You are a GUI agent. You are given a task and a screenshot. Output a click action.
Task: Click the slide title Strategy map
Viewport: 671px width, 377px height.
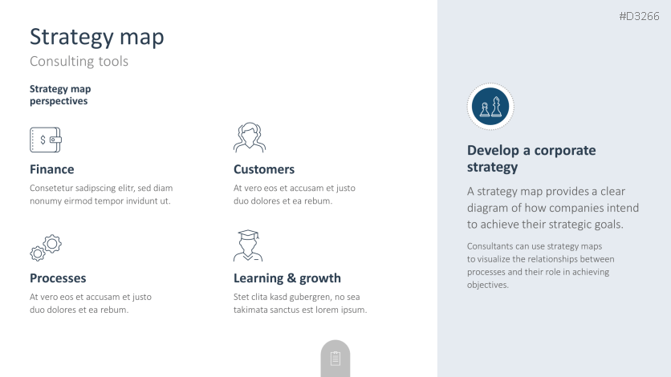click(x=96, y=38)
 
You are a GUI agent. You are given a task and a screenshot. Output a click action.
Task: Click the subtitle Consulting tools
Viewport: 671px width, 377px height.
click(x=79, y=61)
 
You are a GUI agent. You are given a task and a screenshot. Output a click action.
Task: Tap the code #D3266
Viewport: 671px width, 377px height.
click(x=639, y=16)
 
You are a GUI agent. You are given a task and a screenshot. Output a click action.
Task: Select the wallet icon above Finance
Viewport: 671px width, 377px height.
click(x=46, y=140)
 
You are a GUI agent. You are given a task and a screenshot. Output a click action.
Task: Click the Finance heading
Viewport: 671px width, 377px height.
click(x=52, y=169)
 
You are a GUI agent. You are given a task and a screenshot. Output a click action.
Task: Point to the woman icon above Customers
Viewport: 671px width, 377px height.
click(x=250, y=138)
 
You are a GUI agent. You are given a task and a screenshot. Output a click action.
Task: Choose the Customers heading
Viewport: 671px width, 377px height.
click(x=264, y=169)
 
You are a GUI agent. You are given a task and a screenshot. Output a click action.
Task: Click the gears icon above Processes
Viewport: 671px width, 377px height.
click(x=46, y=248)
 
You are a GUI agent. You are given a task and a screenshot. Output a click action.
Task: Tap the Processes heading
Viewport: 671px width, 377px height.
click(x=58, y=278)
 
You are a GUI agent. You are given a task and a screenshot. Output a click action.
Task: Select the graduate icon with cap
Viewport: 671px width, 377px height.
click(x=248, y=245)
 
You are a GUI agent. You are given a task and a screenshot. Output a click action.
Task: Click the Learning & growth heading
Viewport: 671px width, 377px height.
click(x=287, y=278)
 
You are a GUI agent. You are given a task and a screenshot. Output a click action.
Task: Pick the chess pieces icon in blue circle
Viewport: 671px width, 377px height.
click(x=490, y=107)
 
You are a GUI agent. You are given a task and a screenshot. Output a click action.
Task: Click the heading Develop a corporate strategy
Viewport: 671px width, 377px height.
click(x=531, y=159)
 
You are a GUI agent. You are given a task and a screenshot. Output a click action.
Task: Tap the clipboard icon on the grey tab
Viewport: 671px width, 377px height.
click(x=335, y=359)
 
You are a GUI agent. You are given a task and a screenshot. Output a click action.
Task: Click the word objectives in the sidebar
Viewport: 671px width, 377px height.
click(x=487, y=285)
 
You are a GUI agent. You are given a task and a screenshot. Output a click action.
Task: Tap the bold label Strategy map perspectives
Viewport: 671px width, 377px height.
click(x=60, y=95)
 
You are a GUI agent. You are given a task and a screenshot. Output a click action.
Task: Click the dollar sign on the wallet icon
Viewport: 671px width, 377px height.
click(x=43, y=140)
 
